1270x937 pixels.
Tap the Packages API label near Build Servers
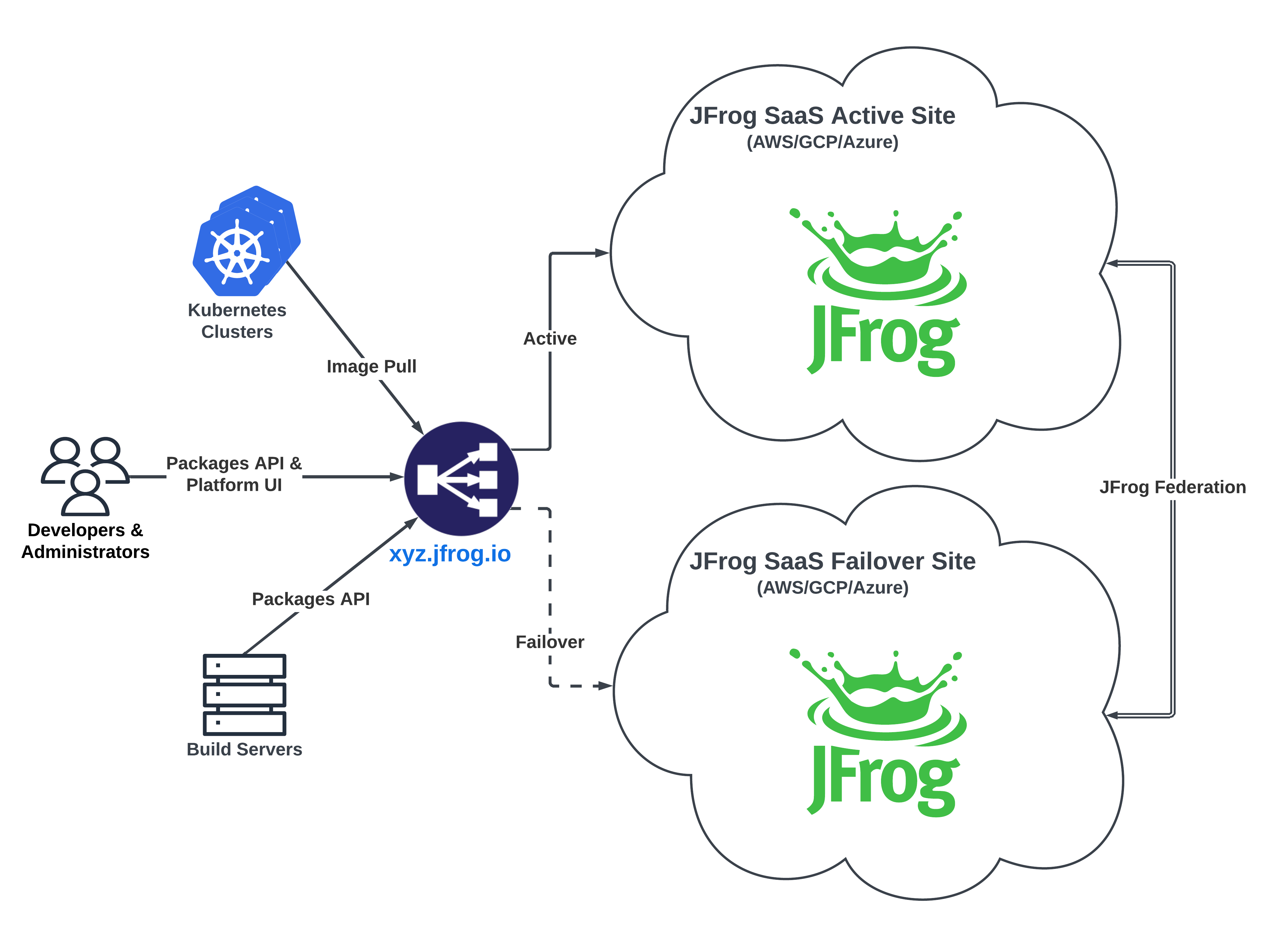(x=311, y=599)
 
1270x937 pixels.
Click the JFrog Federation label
(x=1173, y=487)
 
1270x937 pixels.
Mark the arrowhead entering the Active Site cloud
(x=603, y=253)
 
